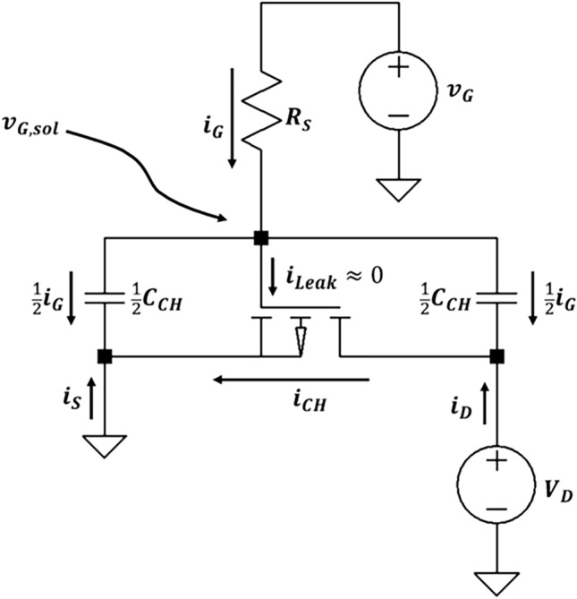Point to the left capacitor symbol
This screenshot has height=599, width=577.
point(106,298)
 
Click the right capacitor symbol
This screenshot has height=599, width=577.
point(496,298)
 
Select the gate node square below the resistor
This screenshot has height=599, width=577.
point(260,238)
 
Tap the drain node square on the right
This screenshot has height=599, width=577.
point(496,356)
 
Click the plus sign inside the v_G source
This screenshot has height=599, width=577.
point(397,67)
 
